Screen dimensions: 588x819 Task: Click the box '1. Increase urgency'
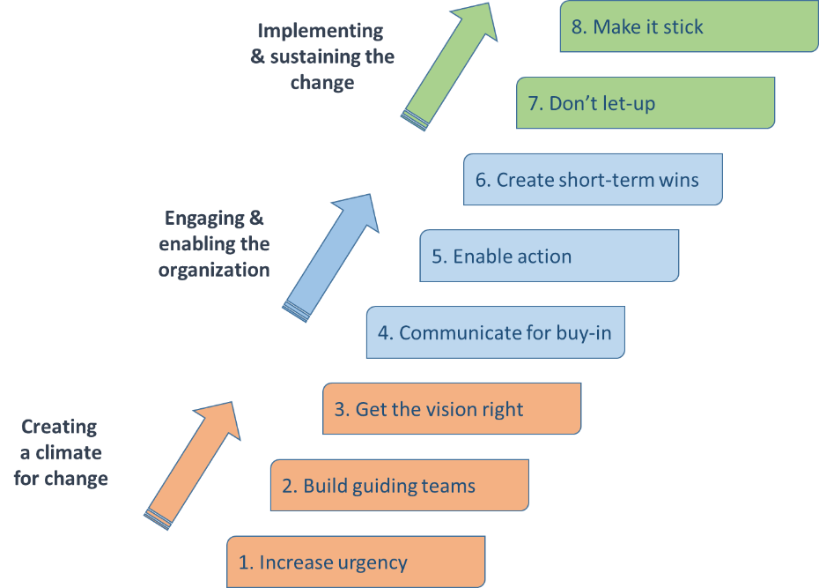click(x=356, y=562)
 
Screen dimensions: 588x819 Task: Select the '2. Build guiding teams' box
click(x=399, y=485)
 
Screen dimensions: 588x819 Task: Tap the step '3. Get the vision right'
click(x=452, y=409)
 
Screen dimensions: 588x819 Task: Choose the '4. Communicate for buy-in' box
click(x=495, y=332)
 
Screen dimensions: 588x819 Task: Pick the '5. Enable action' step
click(x=549, y=257)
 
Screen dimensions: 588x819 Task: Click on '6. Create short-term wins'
click(x=593, y=180)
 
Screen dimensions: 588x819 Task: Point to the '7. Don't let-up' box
click(x=646, y=103)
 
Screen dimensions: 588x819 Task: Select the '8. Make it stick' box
click(x=689, y=26)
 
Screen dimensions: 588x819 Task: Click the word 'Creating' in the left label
click(x=59, y=427)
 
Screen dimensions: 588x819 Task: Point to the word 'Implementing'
click(x=321, y=31)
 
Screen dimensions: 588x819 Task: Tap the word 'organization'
click(x=214, y=270)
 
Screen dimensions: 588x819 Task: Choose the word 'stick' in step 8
click(x=681, y=26)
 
